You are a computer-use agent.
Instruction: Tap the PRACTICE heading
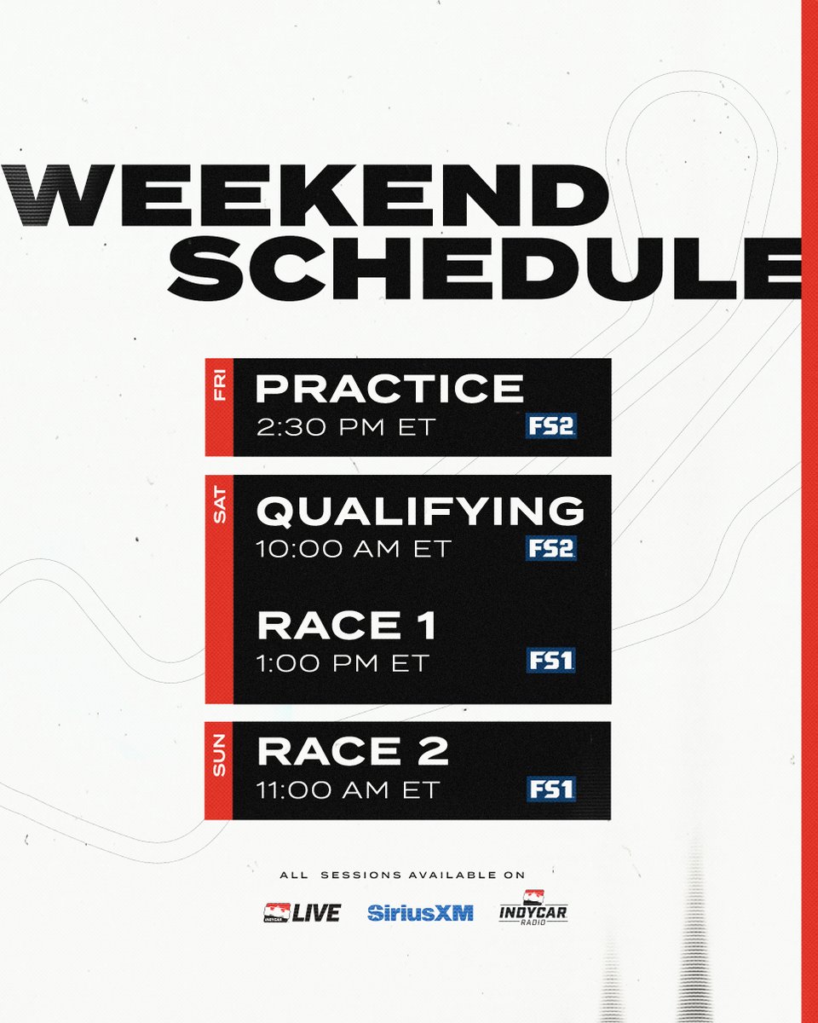point(389,389)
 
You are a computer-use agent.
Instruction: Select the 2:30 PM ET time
point(346,426)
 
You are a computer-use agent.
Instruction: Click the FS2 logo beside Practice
point(550,425)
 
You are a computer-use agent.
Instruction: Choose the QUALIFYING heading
point(421,511)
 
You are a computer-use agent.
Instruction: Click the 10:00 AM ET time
point(352,548)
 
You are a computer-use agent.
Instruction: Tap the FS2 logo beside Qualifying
point(550,548)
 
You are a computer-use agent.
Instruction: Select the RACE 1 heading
point(347,627)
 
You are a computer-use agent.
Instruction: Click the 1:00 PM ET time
point(343,663)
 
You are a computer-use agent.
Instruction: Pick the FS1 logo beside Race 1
point(550,660)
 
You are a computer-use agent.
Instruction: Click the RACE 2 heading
point(353,752)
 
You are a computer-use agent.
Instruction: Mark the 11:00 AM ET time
point(348,789)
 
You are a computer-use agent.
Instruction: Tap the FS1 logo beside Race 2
point(550,789)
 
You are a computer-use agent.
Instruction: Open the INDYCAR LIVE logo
point(302,912)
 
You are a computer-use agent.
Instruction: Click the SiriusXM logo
point(420,912)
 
